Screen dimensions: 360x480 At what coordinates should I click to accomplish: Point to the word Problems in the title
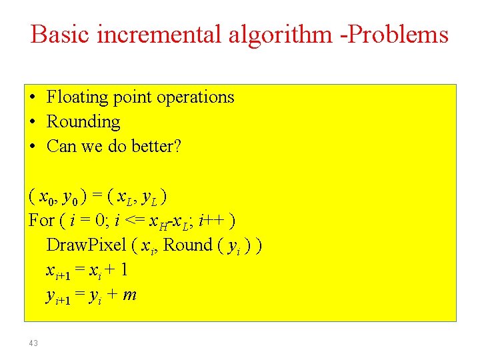(x=405, y=35)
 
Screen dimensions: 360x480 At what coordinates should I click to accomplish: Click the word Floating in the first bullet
(x=77, y=97)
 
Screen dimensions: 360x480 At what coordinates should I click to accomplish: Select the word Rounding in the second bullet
(x=83, y=122)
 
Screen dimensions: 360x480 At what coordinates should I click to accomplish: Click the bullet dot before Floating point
(x=33, y=98)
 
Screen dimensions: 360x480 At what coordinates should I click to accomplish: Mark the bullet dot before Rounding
(x=33, y=123)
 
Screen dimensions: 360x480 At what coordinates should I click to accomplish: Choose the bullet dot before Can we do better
(x=33, y=147)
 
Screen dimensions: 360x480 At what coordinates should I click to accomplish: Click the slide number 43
(x=33, y=343)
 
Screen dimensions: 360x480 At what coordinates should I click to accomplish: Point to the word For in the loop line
(x=41, y=220)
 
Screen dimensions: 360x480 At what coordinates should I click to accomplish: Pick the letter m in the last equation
(x=130, y=295)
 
